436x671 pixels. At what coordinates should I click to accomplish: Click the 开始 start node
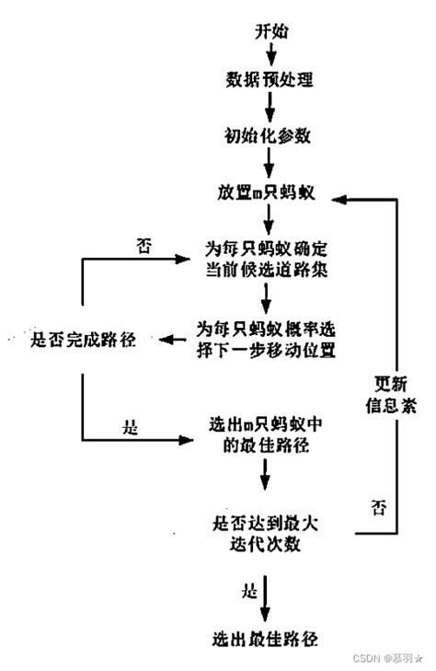(270, 31)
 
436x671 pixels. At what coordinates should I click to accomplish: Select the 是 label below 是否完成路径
(130, 426)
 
